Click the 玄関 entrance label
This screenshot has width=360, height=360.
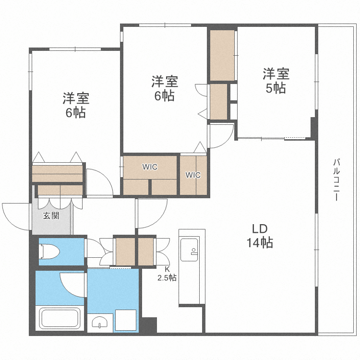coord(51,216)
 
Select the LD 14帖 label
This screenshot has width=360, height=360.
coord(260,236)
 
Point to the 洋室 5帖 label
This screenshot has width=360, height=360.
coord(276,81)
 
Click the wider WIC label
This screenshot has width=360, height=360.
coord(149,167)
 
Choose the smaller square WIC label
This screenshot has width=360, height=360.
coord(193,175)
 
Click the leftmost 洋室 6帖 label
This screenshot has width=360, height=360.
coord(76,106)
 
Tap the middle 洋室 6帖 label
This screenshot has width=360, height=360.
coord(165,88)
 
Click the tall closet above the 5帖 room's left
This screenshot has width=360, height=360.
coord(222,55)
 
